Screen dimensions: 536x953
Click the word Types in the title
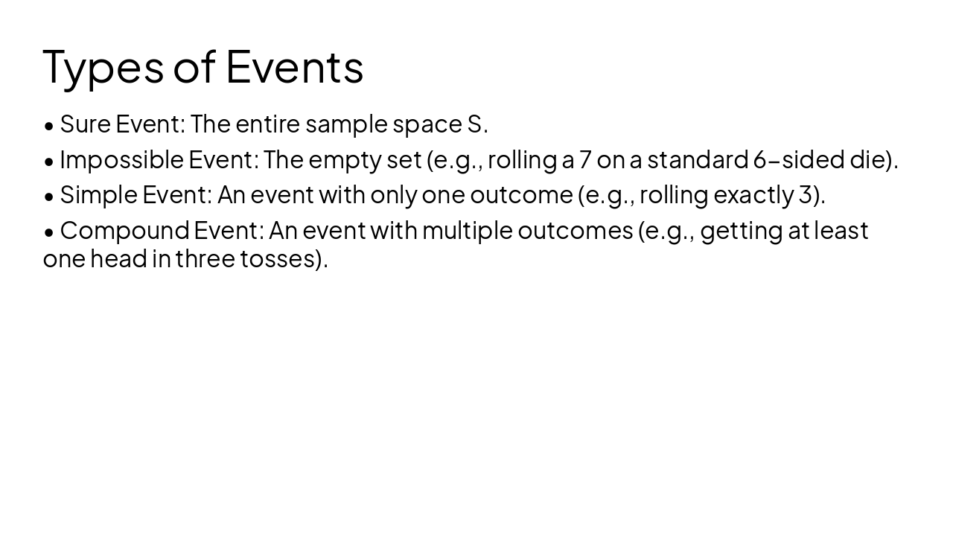tap(103, 67)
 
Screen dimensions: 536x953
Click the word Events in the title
tap(294, 66)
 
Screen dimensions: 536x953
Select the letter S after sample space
tap(475, 124)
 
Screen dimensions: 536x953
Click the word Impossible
tap(121, 159)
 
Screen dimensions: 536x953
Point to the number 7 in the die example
tap(585, 159)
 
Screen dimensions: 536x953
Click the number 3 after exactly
tap(805, 195)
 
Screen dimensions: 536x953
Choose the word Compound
tap(124, 231)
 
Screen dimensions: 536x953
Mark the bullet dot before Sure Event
tap(49, 126)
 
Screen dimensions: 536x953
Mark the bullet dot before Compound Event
tap(49, 232)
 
